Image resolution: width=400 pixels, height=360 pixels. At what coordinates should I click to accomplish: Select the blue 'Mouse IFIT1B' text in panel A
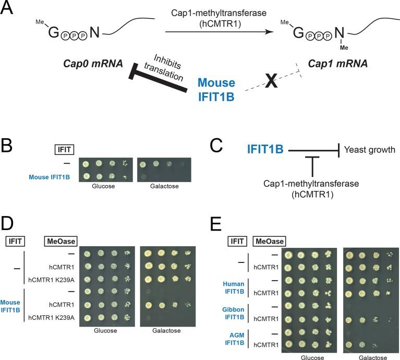(216, 89)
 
